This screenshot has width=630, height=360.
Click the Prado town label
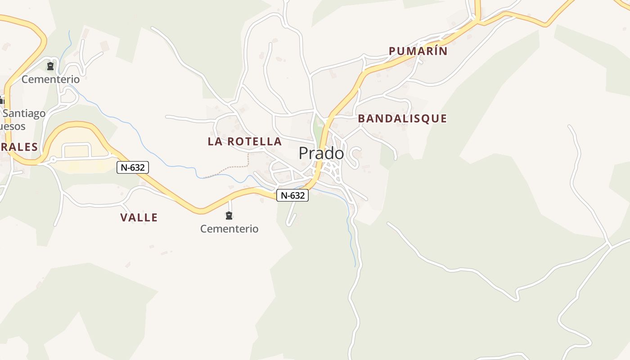321,153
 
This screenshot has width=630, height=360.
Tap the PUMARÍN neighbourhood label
418,51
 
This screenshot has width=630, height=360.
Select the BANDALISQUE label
402,119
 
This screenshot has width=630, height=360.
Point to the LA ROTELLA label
244,141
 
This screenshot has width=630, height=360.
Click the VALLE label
139,218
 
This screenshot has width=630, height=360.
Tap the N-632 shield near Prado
292,195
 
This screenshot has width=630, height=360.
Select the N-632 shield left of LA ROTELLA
133,167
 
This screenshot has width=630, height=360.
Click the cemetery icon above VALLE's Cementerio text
229,216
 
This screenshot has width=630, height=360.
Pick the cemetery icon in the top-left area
50,67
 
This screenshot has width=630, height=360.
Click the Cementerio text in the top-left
50,80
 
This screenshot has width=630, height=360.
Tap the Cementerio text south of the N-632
229,229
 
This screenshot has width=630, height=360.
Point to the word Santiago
24,113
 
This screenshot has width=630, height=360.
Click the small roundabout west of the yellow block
53,159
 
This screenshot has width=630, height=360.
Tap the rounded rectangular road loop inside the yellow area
77,150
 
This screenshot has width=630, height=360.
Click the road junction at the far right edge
610,245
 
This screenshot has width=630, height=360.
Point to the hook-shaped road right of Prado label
356,155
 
